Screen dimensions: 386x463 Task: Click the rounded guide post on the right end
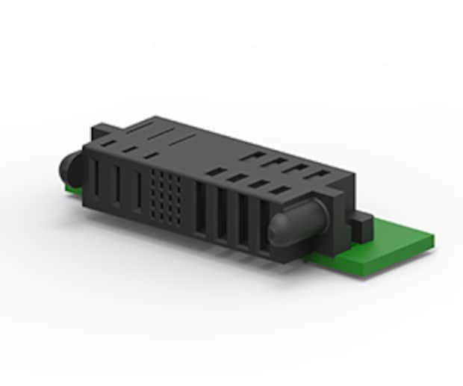[294, 224]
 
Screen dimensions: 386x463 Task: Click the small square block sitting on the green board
[360, 226]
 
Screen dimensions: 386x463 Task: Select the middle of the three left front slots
[117, 187]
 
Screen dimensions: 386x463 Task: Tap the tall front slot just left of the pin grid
[137, 192]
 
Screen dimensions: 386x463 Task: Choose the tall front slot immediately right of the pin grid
[200, 209]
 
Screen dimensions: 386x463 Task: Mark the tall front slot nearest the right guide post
[264, 228]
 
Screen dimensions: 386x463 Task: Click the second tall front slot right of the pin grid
[221, 215]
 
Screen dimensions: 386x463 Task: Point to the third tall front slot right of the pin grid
[242, 221]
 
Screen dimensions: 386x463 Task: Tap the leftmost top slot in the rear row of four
[255, 157]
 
